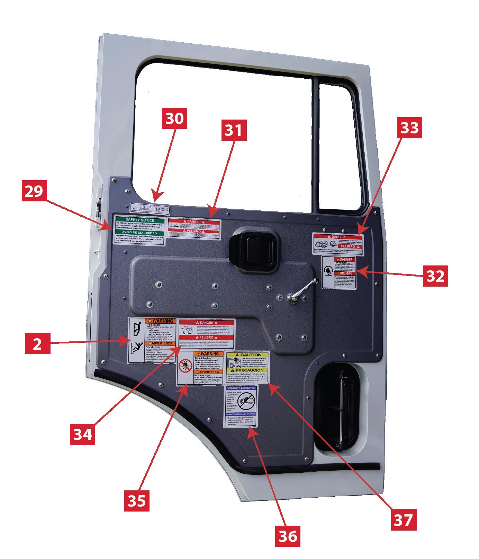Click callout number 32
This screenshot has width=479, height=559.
coord(435,276)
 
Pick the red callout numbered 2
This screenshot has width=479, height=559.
coord(37,344)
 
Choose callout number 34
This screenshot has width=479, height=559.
coord(83,434)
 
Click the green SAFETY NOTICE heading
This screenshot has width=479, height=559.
coord(139,220)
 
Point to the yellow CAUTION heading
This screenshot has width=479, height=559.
coord(248,355)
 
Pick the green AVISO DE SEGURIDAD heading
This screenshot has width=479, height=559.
coord(139,233)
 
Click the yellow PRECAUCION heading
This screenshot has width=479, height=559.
coord(248,370)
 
